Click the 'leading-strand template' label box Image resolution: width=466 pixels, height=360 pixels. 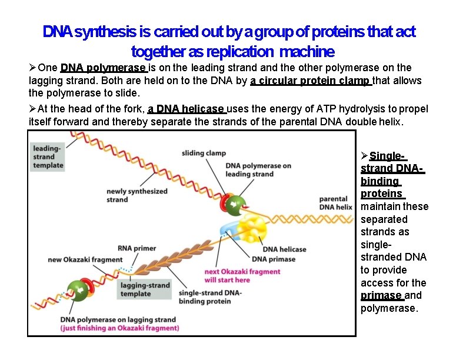point(48,157)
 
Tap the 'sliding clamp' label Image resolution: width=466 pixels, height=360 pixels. point(204,153)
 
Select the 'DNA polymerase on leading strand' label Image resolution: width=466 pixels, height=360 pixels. point(258,169)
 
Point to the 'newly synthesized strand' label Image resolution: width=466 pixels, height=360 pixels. point(137,195)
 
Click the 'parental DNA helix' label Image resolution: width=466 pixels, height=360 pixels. point(335,203)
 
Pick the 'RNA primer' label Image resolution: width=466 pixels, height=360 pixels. point(137,248)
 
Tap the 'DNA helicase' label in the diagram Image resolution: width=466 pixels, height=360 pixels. point(285,249)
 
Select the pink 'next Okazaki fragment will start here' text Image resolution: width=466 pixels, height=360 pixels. point(242,275)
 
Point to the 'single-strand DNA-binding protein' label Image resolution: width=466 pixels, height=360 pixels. point(209,296)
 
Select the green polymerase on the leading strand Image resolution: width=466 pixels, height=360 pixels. point(234,205)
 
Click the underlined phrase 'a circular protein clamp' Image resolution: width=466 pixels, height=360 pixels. point(311,81)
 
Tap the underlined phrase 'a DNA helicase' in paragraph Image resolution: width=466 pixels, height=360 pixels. point(187,109)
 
